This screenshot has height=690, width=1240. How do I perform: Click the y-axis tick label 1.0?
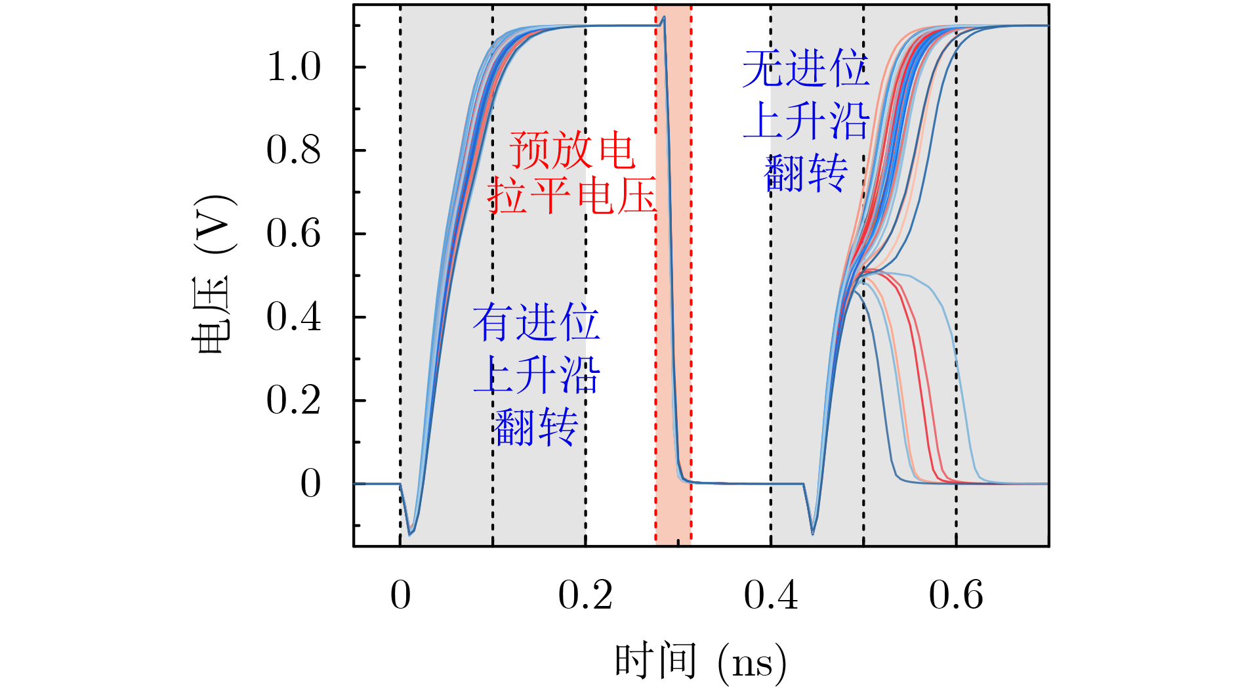click(x=293, y=67)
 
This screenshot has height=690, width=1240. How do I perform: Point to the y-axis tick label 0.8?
click(x=293, y=150)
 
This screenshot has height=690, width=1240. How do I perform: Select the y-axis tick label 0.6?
click(x=293, y=234)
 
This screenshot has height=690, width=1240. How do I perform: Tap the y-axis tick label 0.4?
click(x=293, y=317)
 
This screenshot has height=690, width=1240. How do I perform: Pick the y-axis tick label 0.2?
click(x=293, y=400)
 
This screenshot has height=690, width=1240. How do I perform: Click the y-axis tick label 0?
click(x=310, y=484)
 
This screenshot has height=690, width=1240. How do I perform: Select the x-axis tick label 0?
click(x=400, y=596)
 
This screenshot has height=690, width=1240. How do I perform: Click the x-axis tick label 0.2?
click(x=585, y=596)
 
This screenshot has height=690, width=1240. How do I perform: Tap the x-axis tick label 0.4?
click(x=770, y=596)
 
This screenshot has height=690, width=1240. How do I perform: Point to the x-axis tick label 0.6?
click(x=956, y=596)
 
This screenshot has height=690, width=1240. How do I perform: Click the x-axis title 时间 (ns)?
click(x=700, y=662)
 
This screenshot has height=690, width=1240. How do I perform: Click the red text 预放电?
click(x=572, y=150)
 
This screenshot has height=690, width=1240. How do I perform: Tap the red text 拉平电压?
click(x=572, y=196)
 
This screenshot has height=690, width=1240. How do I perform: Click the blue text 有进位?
click(x=536, y=322)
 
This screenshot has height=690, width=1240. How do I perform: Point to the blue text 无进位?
click(x=806, y=69)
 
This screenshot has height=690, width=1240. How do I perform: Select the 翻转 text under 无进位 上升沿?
click(x=806, y=173)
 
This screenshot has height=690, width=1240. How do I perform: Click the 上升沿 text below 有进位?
click(x=536, y=376)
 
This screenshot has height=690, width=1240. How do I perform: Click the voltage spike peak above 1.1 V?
click(x=664, y=17)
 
